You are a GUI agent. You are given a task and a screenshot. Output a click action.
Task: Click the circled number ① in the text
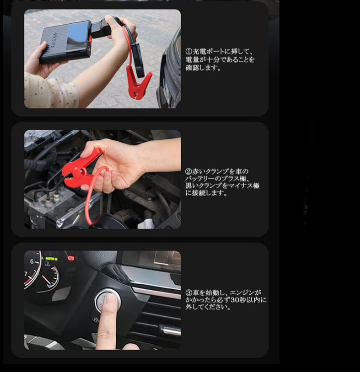[189, 51]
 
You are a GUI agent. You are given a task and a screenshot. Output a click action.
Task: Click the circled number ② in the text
[188, 171]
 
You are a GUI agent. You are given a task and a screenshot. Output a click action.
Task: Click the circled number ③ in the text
[189, 293]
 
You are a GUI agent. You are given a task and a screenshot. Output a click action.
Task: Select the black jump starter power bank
[66, 42]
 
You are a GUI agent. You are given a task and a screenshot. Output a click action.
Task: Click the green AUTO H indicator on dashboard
[51, 259]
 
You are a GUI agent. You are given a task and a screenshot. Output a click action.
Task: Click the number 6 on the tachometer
[32, 261]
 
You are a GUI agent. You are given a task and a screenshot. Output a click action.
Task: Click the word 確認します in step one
[203, 67]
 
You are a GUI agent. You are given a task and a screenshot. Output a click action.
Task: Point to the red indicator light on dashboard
[71, 258]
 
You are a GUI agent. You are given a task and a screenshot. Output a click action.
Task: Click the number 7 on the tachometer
[26, 274]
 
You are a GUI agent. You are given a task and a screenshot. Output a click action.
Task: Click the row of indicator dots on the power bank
[55, 40]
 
